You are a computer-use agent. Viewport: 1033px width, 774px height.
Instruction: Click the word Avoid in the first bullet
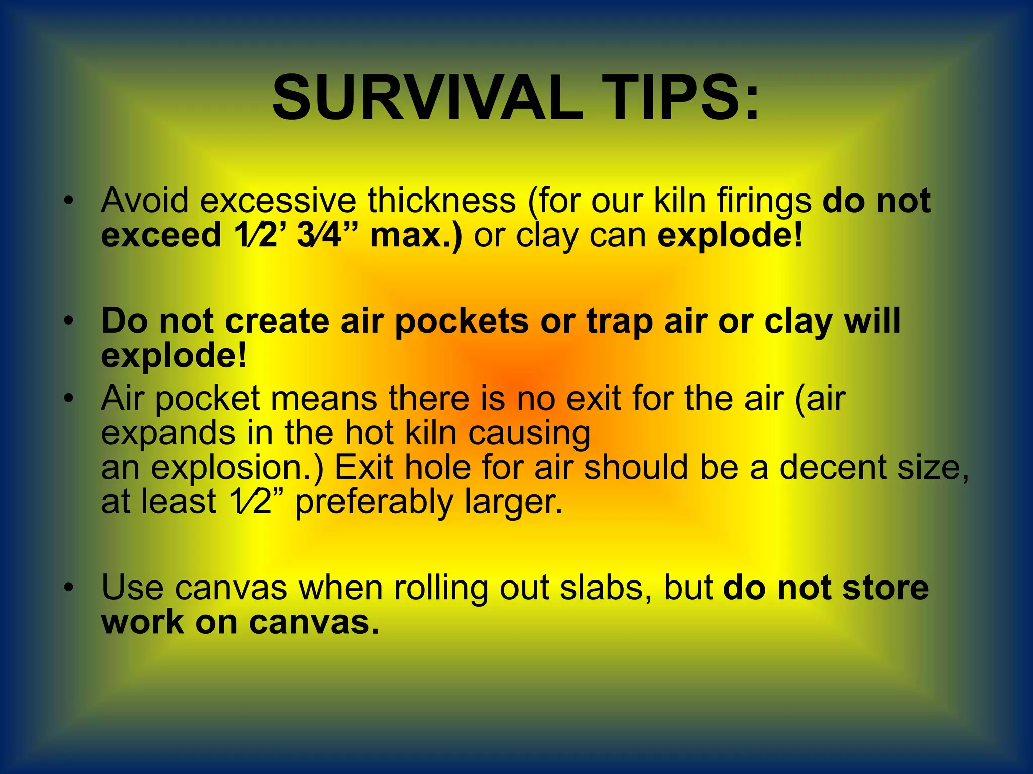click(145, 200)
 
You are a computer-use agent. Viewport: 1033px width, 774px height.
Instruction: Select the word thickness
click(442, 200)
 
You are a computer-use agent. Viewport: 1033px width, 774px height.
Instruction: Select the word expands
click(168, 433)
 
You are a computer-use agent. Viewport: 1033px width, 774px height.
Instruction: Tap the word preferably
click(374, 503)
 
